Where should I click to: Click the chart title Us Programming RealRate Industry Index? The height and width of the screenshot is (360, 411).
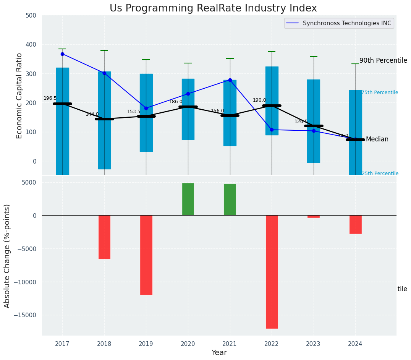coord(213,8)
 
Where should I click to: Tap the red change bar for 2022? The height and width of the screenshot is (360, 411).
coord(272,271)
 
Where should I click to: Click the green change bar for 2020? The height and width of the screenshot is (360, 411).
coord(188,199)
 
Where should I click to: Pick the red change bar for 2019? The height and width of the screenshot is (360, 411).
coord(146,255)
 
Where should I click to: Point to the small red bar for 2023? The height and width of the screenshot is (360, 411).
coord(314,217)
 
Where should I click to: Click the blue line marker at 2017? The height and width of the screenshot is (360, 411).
coord(62,54)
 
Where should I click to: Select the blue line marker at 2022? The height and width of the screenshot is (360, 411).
coord(272,130)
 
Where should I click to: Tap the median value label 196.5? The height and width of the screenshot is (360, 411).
coord(50,98)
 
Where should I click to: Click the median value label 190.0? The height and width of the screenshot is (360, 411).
coord(259,100)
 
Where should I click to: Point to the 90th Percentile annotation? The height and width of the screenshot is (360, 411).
coord(383,60)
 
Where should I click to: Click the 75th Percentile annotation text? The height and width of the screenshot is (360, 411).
coord(380,92)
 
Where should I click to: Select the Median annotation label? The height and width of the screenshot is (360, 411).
coord(377,139)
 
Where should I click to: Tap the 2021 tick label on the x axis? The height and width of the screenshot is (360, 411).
coord(230,344)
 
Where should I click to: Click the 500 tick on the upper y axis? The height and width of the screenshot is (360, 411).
coord(31,16)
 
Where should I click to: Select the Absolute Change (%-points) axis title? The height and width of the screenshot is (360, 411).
coord(7,256)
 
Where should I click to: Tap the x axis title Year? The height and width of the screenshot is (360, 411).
coord(219,353)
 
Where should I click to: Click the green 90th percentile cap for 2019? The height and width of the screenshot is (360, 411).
coord(146,60)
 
